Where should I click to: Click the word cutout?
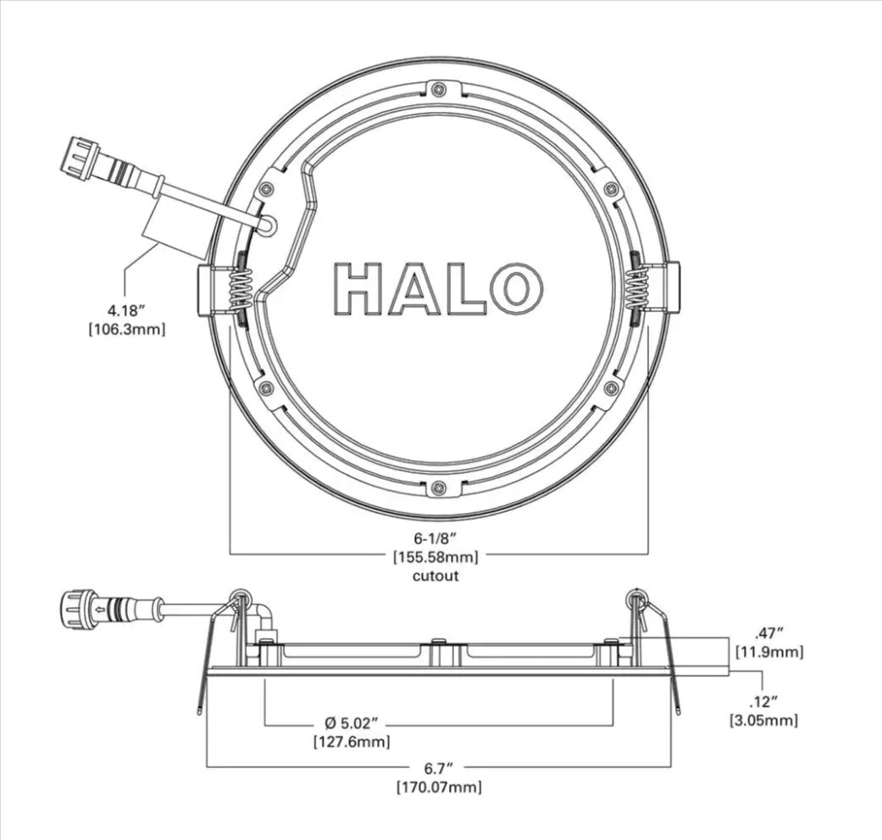[436, 576]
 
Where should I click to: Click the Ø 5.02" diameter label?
[351, 723]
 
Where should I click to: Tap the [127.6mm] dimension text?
[351, 742]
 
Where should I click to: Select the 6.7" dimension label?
[439, 768]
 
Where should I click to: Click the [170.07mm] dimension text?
[439, 787]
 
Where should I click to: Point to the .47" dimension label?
[768, 632]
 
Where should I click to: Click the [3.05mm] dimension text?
[763, 720]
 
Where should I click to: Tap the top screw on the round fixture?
[438, 90]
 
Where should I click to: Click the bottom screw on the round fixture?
[438, 487]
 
